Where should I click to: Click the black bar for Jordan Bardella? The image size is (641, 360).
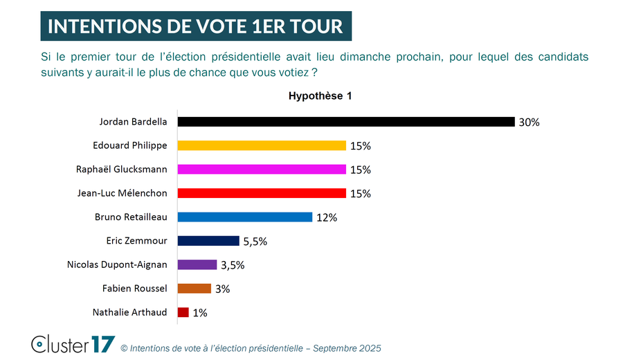346,122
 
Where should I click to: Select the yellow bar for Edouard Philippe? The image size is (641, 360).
262,145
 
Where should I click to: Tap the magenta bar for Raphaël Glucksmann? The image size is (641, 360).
262,170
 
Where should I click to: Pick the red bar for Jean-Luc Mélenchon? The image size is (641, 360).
262,193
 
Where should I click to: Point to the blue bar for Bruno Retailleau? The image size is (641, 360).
245,217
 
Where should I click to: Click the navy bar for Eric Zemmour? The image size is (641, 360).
208,241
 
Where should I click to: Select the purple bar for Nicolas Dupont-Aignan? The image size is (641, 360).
197,264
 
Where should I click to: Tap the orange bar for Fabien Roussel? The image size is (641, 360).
195,289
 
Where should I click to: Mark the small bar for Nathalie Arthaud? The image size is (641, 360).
183,312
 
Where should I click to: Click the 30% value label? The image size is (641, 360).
529,123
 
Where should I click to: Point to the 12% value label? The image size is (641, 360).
327,217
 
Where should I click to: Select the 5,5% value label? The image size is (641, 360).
255,242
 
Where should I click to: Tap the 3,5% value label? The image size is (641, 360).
233,265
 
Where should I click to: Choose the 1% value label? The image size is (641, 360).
199,313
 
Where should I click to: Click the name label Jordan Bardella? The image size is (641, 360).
133,122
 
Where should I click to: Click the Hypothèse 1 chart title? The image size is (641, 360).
320,96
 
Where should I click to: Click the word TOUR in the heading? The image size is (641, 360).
316,26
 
